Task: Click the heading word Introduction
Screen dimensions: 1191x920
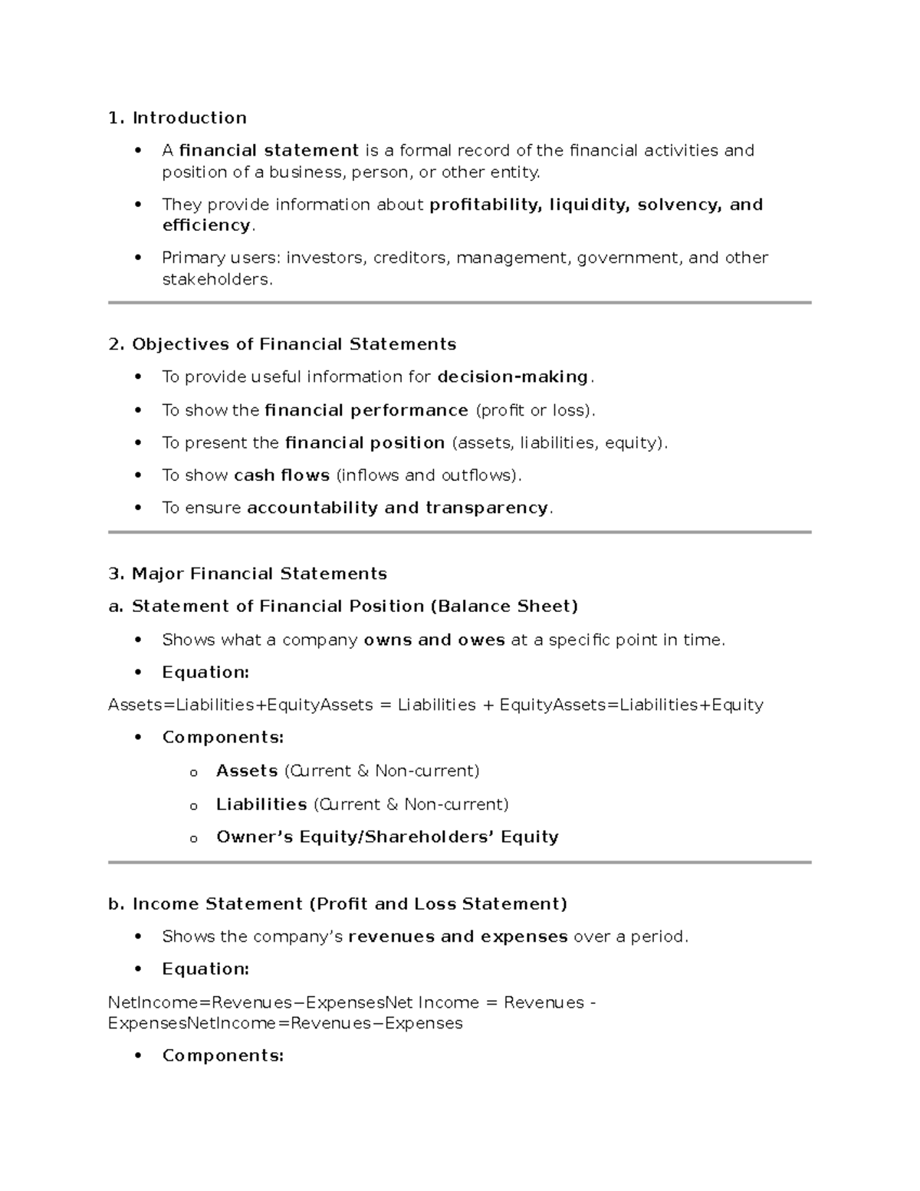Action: (189, 117)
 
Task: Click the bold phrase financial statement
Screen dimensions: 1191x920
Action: (268, 150)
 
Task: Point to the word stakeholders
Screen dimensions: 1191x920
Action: (216, 279)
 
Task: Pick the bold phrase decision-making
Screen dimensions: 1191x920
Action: (512, 377)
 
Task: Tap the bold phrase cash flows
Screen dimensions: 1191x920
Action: (281, 475)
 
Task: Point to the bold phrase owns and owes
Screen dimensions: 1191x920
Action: (434, 640)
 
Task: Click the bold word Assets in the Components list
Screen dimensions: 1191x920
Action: (247, 771)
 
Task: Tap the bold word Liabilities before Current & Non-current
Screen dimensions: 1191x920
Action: (261, 804)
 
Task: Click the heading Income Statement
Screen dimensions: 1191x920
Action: (217, 904)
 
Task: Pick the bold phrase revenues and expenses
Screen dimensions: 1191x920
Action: (458, 936)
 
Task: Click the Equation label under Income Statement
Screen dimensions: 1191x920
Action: (205, 969)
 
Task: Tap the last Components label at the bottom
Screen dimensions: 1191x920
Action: (222, 1056)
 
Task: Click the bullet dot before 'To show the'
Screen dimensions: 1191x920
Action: (138, 410)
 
